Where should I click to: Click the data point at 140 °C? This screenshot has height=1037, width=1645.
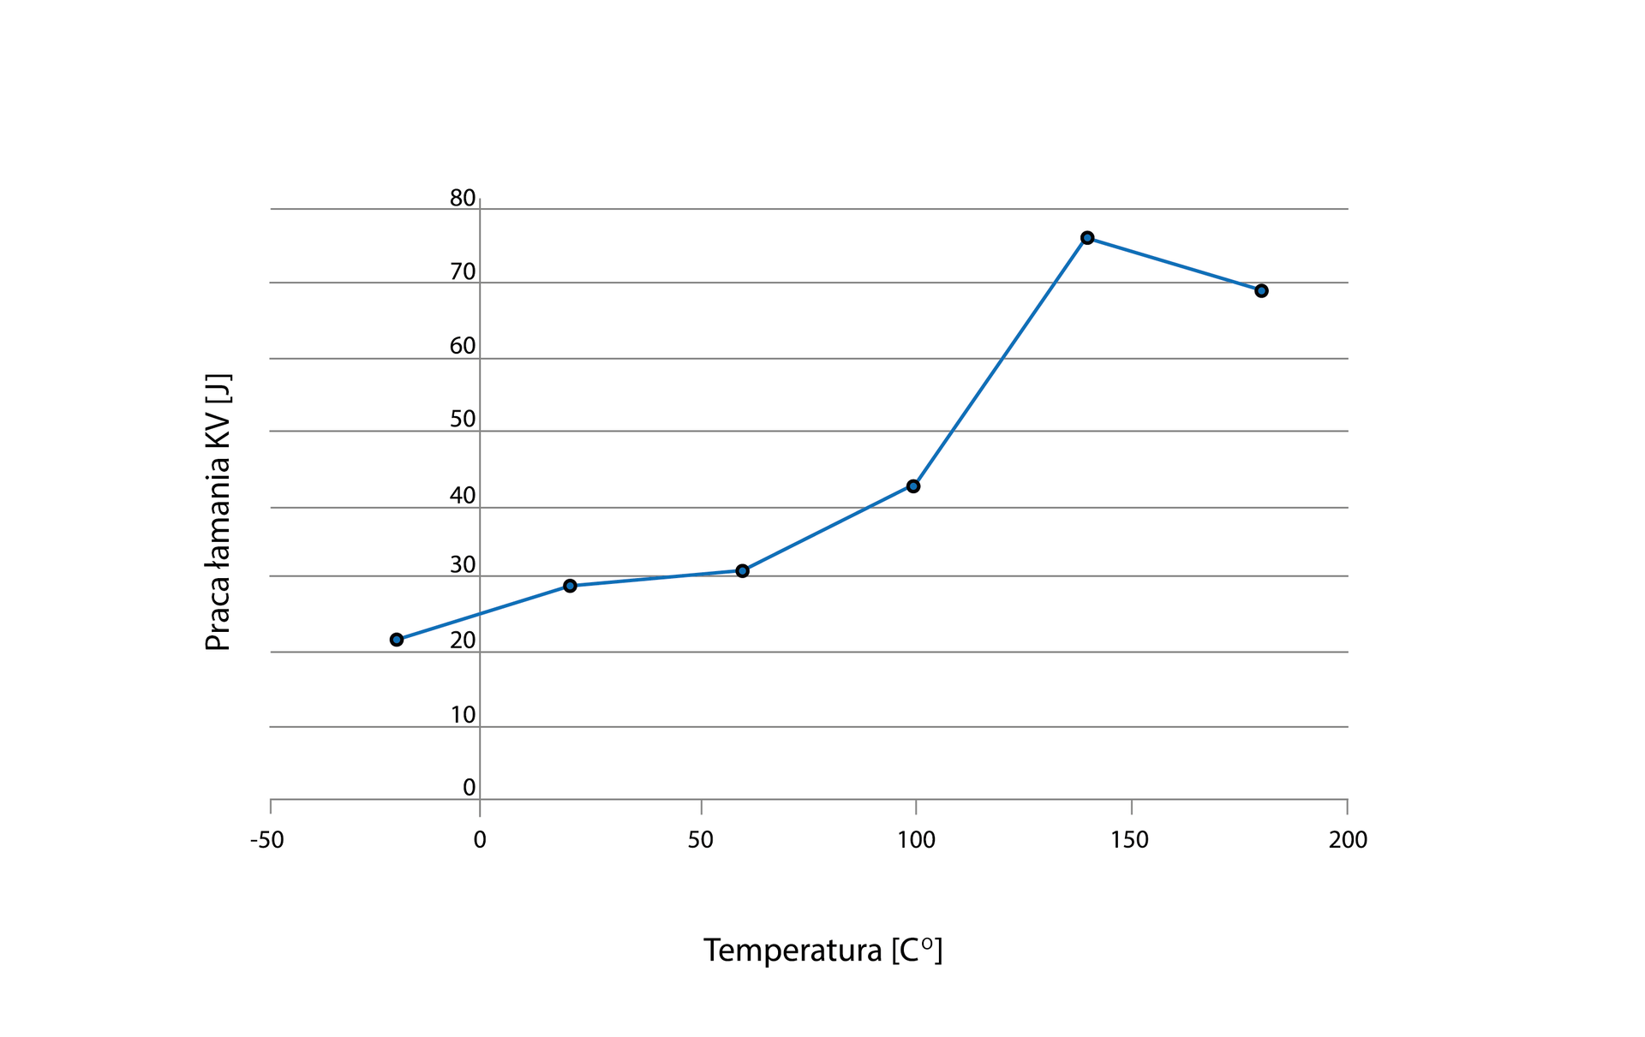(1087, 238)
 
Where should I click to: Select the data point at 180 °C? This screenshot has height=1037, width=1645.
(1261, 291)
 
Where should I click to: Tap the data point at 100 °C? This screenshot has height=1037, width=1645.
(913, 486)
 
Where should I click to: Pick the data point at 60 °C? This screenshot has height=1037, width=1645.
(742, 571)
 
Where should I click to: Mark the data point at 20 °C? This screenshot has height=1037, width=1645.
(570, 586)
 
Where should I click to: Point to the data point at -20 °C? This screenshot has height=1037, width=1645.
(397, 640)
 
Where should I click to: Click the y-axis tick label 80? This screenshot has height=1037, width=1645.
(463, 199)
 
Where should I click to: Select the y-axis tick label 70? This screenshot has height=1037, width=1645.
(463, 272)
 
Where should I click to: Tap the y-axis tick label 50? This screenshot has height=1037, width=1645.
(463, 420)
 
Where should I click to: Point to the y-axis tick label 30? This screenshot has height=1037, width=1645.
(463, 565)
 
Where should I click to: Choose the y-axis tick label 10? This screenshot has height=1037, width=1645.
(463, 715)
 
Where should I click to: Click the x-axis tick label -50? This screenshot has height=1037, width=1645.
(267, 841)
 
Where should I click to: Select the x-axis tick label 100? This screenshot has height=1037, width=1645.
(916, 841)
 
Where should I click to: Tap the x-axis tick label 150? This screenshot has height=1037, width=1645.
(1130, 841)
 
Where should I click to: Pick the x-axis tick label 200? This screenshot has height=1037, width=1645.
(1348, 841)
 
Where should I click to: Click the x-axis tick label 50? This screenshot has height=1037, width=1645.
(701, 841)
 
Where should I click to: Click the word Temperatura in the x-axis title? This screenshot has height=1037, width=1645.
(793, 951)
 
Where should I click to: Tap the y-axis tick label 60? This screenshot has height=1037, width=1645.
(463, 346)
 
